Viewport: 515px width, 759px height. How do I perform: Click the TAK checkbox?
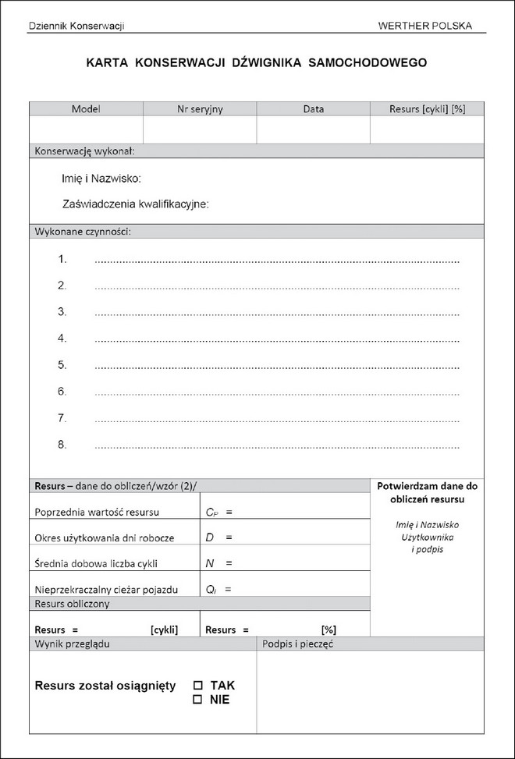coord(197,686)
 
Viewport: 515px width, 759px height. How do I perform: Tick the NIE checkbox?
coord(197,700)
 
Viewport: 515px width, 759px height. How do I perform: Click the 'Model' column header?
coord(86,109)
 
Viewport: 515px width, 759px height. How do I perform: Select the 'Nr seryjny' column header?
coord(200,109)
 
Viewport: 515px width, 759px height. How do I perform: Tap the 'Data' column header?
coord(313,109)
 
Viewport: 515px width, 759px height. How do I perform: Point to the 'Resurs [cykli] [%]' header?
coord(427,109)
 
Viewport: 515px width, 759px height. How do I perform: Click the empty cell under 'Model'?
coord(86,129)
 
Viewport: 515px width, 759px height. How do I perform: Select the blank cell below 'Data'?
coord(313,129)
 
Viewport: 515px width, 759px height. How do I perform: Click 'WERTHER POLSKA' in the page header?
coord(424,25)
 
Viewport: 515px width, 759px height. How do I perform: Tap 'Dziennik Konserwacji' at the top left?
coord(76,26)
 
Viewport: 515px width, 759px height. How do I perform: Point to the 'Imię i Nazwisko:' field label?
coord(101,179)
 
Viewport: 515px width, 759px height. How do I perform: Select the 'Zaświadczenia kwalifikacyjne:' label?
coord(135,204)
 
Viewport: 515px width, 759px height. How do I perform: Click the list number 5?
coord(62,364)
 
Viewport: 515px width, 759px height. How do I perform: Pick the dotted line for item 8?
coord(276,447)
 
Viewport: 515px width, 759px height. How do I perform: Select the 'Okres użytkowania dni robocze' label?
coord(105,538)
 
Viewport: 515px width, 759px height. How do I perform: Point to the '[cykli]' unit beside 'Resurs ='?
coord(164,630)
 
